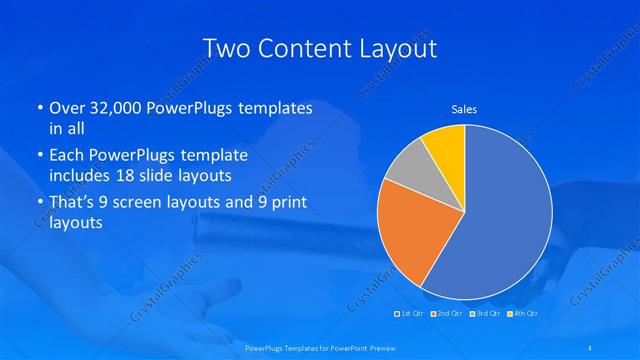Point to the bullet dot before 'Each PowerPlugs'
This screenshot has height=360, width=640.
(x=38, y=156)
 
